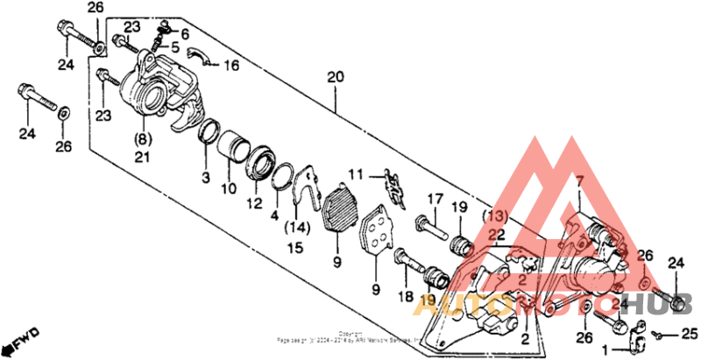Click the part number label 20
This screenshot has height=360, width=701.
point(334,78)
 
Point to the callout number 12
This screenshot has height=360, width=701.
point(254,203)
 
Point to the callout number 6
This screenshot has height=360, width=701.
point(185,33)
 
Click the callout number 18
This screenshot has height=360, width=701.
point(406,298)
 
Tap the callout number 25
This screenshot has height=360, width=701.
point(690,334)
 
